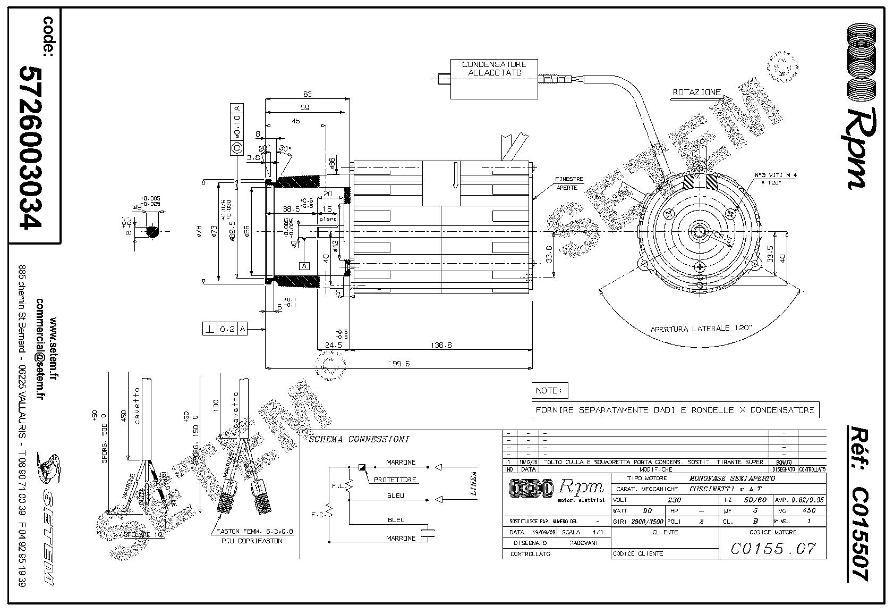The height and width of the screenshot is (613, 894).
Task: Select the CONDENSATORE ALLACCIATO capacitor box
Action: coord(494,79)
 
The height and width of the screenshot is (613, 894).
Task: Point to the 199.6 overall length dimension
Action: coord(399,364)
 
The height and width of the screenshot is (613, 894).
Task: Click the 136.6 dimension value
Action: coord(441,345)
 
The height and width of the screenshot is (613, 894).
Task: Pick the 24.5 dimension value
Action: coord(333,345)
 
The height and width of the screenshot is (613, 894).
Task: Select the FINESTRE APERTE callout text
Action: coord(569,183)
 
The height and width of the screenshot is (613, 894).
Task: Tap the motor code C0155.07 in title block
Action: coord(773,548)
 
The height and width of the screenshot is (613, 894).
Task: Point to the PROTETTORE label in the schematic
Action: coord(395,480)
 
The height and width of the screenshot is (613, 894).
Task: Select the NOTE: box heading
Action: coord(549,391)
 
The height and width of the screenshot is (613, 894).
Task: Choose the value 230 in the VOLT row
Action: coord(674,500)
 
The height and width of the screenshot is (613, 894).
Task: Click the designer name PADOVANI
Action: coord(584,543)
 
